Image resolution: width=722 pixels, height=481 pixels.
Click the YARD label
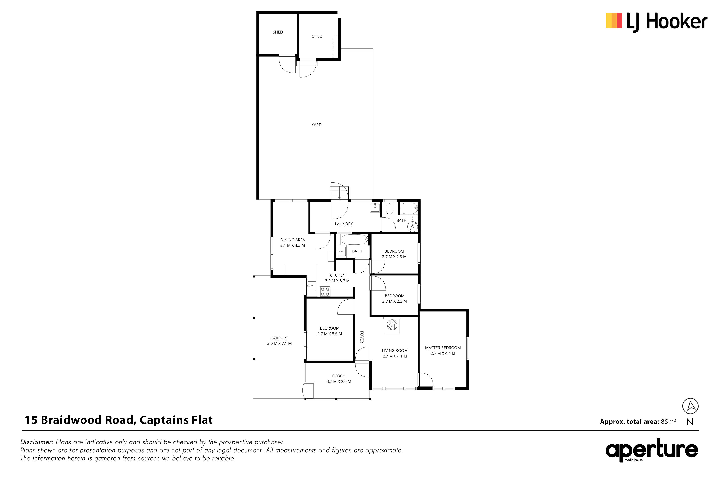[316, 125]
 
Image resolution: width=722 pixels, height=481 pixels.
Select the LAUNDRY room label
[344, 224]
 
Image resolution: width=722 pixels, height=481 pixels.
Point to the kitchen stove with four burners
[325, 291]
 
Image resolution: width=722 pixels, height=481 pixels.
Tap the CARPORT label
[279, 338]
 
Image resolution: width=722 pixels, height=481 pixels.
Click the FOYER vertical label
[362, 337]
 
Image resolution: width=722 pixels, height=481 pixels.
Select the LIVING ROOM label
[395, 351]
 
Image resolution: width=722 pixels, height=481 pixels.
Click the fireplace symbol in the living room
[392, 325]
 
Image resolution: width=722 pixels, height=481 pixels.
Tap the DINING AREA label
[293, 240]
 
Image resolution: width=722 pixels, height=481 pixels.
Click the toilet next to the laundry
[389, 208]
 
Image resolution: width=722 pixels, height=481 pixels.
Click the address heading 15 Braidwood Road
[81, 420]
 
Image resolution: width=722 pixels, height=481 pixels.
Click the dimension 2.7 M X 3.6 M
[330, 334]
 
